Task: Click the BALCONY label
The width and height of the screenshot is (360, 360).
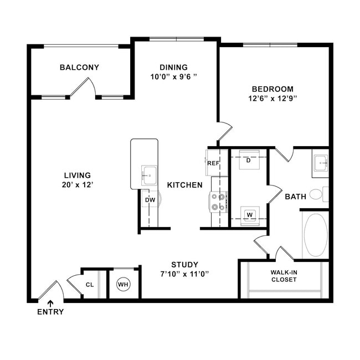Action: pos(79,67)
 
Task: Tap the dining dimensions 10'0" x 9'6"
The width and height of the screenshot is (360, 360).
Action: pos(174,76)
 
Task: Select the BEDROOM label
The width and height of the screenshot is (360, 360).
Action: pos(272,89)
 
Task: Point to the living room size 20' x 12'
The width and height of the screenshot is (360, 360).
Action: pos(78,184)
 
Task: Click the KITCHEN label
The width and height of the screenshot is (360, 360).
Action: pos(185,185)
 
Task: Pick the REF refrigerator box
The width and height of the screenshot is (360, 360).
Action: pos(213,163)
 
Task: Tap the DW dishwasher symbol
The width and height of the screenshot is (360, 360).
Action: pos(151,199)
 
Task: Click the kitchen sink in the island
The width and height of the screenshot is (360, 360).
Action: pos(149,176)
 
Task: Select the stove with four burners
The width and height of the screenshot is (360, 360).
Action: pos(218,202)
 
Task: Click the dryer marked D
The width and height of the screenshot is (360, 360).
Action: pos(249,160)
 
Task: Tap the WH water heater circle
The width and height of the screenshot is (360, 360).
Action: pos(124,285)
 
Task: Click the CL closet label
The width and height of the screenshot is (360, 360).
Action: pos(90,285)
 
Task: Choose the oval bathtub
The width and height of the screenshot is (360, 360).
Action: pos(316,235)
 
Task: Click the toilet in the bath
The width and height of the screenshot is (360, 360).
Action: pos(319,194)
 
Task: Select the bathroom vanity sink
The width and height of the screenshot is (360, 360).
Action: pos(321,163)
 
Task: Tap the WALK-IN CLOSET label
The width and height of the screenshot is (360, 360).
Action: pos(284,276)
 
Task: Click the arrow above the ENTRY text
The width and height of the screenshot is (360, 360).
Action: pos(50,304)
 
